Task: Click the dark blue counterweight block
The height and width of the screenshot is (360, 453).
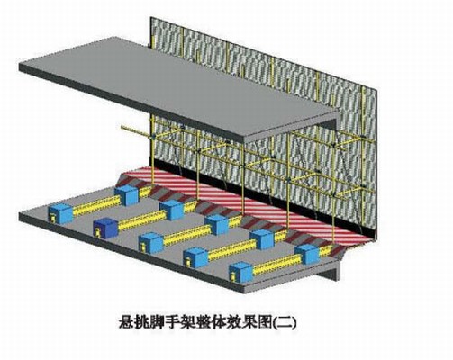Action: tap(105, 228)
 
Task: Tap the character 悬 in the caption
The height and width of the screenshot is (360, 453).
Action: tap(127, 322)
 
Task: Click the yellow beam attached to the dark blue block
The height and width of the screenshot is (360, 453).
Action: tap(142, 220)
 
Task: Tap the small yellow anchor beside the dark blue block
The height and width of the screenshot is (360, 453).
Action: tap(97, 232)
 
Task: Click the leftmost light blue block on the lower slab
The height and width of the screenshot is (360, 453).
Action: tap(61, 213)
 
